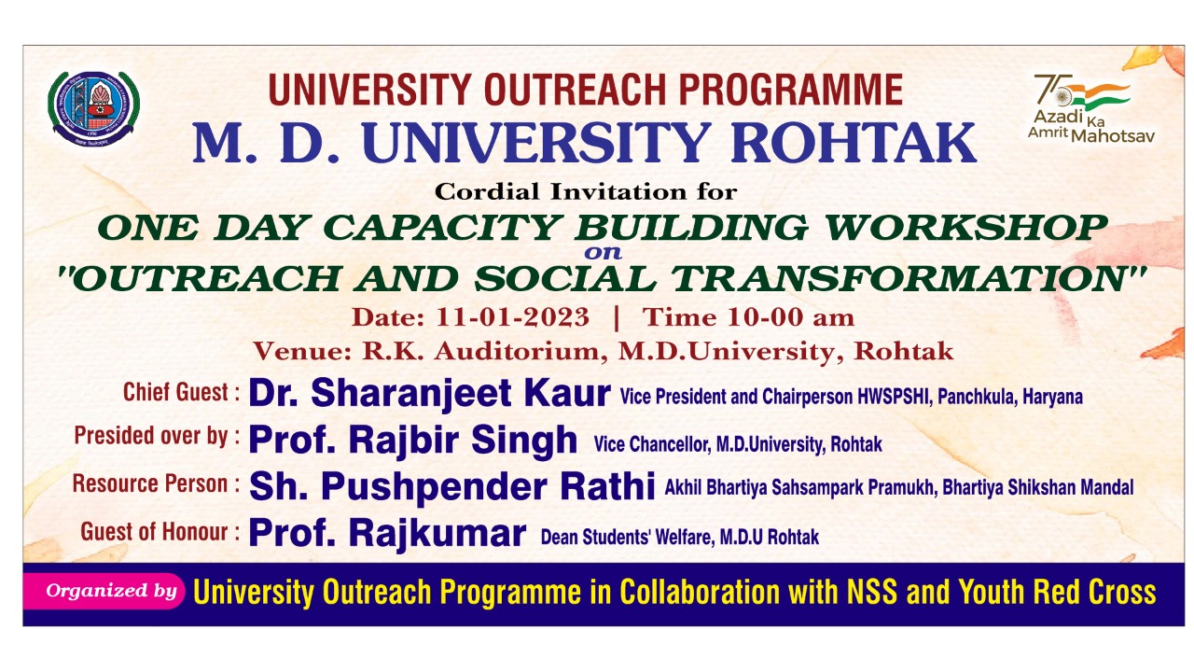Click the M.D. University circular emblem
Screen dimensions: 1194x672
(x=94, y=109)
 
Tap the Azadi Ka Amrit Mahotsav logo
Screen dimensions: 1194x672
(x=1090, y=109)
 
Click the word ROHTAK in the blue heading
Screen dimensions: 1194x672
(x=854, y=143)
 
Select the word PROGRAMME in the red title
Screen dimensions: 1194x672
(x=790, y=91)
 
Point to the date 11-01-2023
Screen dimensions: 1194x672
(x=513, y=317)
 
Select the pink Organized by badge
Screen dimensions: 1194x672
(x=104, y=591)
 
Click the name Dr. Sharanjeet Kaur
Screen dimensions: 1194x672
(x=430, y=394)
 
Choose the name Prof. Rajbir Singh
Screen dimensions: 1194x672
(x=413, y=441)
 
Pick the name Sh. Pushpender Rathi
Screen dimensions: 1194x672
(x=452, y=487)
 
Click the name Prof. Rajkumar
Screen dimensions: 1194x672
(x=387, y=533)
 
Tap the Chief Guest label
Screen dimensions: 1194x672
(x=181, y=393)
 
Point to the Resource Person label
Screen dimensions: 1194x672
(x=157, y=484)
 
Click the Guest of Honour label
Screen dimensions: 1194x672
(x=160, y=532)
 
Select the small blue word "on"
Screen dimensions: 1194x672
(x=603, y=253)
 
